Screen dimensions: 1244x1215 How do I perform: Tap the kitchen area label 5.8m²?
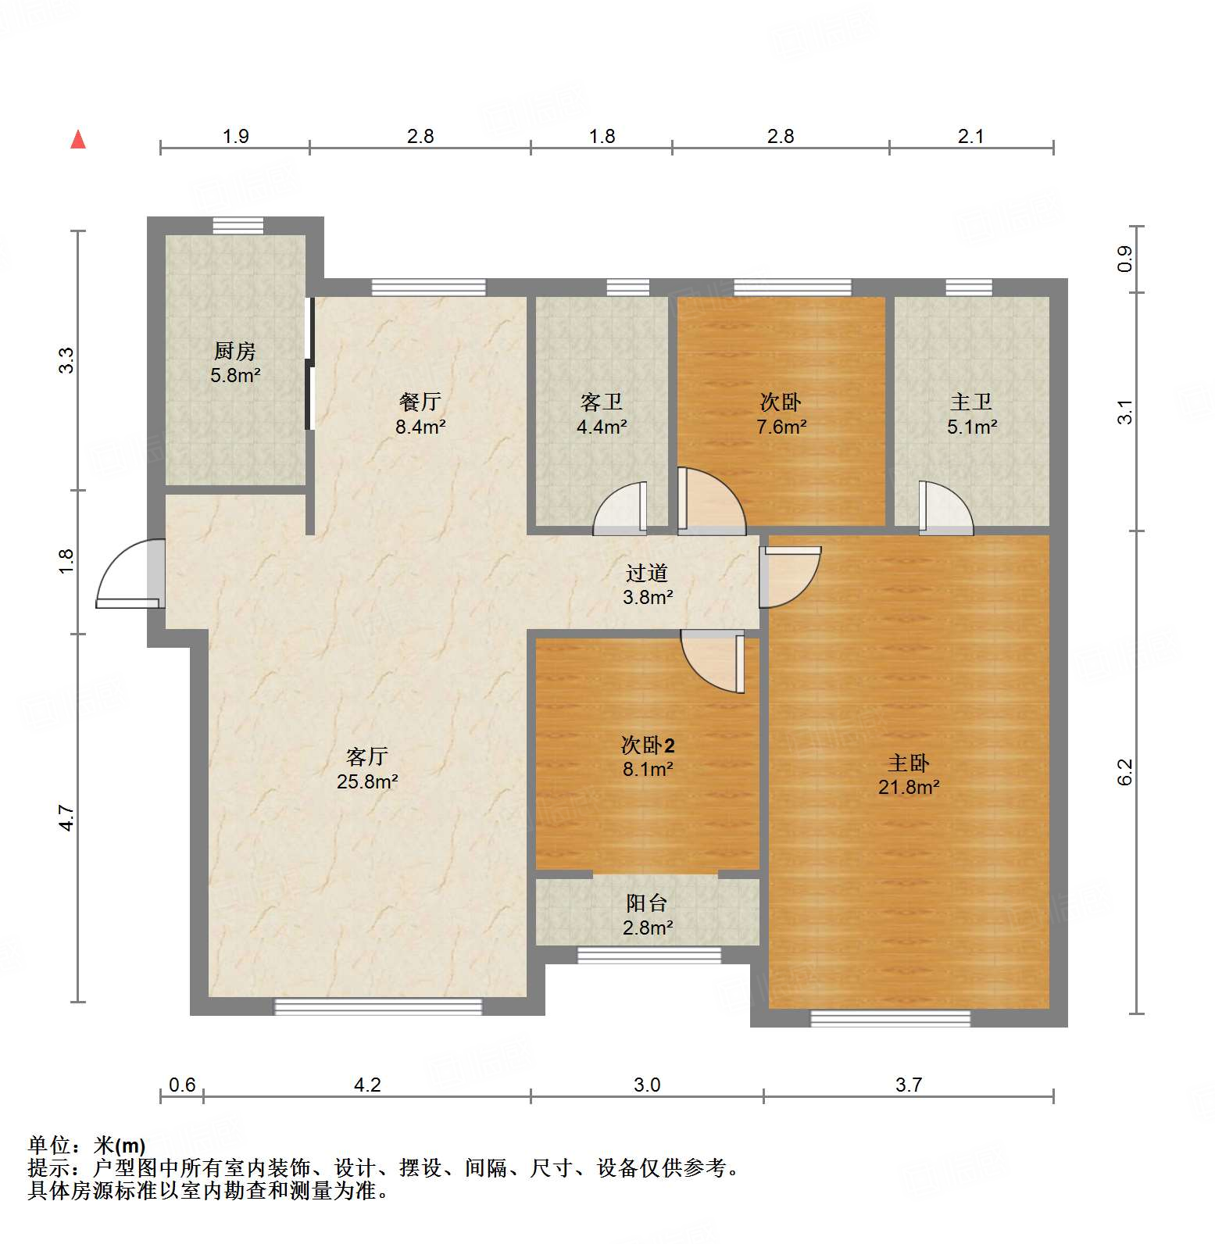click(235, 375)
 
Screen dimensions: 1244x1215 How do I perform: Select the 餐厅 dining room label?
click(420, 402)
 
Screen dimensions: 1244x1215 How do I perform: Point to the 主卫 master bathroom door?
click(946, 509)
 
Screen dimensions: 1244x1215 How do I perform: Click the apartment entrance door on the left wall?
click(129, 575)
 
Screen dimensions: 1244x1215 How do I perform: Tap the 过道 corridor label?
click(647, 573)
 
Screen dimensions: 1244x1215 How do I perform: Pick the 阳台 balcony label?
click(647, 903)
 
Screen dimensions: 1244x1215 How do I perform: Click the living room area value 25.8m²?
click(367, 781)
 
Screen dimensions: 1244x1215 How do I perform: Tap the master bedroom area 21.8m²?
click(909, 787)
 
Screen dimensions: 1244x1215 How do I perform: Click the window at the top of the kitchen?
click(238, 225)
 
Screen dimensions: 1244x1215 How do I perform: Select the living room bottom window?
click(378, 1006)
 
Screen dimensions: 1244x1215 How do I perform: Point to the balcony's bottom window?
click(649, 954)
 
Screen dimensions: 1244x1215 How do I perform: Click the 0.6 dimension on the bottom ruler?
click(182, 1085)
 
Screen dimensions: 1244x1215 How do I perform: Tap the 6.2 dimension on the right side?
click(1124, 772)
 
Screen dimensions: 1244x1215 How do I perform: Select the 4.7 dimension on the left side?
click(67, 817)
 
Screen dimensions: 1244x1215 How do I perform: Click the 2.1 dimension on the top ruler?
click(970, 137)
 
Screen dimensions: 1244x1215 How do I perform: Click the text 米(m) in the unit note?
click(119, 1146)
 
